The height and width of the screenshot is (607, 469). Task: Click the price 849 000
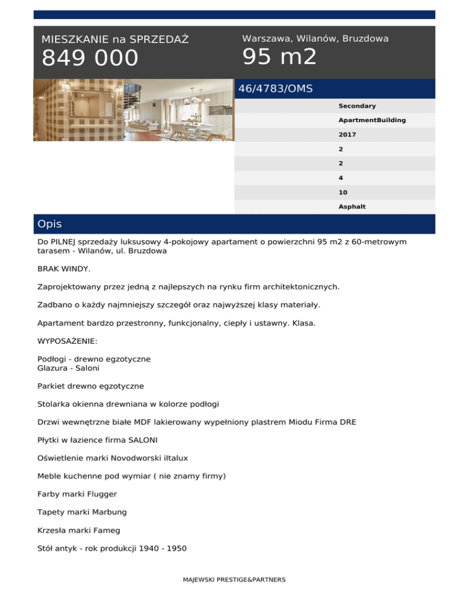90,59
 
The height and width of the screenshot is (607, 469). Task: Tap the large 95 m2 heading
279,57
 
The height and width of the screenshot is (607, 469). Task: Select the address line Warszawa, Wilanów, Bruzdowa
315,38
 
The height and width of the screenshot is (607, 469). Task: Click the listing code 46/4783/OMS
275,89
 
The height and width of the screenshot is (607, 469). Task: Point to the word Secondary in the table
357,106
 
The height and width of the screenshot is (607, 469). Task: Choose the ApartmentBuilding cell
372,120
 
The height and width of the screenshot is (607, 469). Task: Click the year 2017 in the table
347,134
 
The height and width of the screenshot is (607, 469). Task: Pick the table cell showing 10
343,192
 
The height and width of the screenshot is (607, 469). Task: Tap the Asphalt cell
352,206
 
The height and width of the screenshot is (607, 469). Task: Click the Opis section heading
49,224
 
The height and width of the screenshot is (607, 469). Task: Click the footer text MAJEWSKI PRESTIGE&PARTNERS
234,580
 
